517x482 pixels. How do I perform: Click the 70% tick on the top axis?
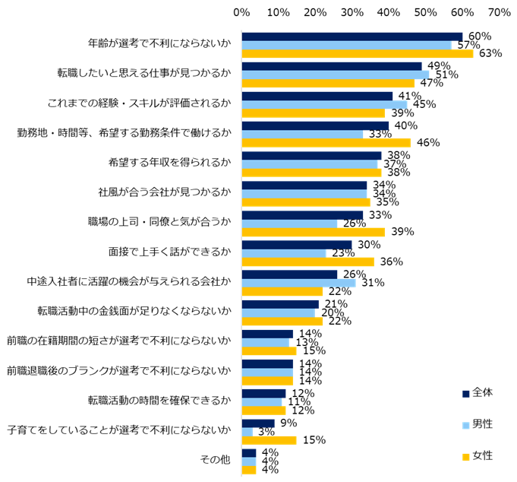(x=499, y=12)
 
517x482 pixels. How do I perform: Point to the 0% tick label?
(x=241, y=12)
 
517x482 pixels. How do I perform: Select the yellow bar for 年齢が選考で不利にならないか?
(x=357, y=53)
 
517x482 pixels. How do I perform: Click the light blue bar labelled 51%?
(x=335, y=75)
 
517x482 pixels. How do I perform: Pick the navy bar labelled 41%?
(x=317, y=96)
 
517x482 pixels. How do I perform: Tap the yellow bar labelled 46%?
(x=326, y=142)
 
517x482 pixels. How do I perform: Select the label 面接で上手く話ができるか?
(x=169, y=252)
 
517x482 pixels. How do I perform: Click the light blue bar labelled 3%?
(x=247, y=431)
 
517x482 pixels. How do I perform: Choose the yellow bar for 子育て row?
(x=269, y=439)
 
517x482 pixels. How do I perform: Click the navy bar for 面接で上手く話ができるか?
(x=296, y=245)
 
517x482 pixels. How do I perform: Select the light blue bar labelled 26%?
(x=289, y=224)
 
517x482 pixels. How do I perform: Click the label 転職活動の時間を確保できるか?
(x=159, y=401)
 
